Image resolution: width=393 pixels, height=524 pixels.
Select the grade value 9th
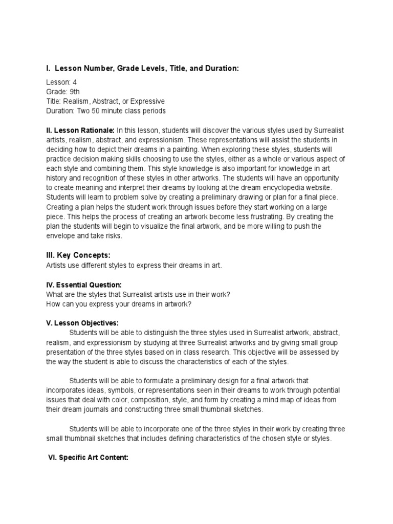pyautogui.click(x=75, y=92)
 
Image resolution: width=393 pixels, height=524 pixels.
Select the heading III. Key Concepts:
pyautogui.click(x=78, y=255)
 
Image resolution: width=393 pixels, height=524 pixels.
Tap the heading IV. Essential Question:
pyautogui.click(x=84, y=285)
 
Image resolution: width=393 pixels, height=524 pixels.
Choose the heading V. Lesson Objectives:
pyautogui.click(x=82, y=323)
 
